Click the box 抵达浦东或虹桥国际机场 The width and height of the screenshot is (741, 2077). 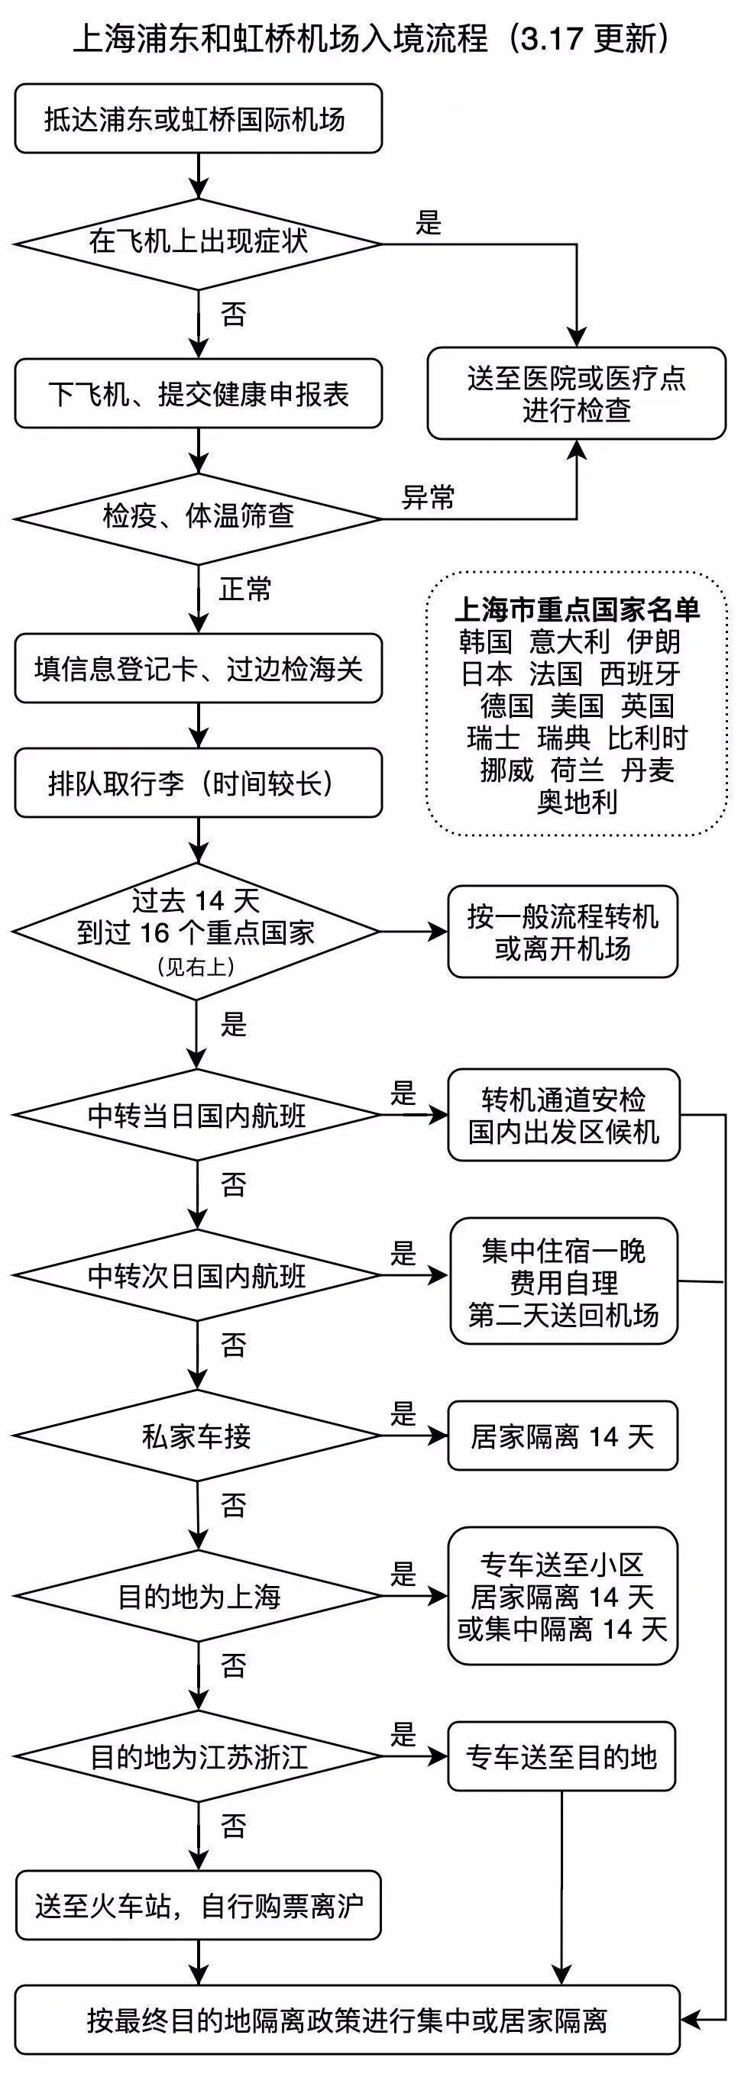tap(198, 119)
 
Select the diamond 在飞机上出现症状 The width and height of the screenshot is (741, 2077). tap(198, 243)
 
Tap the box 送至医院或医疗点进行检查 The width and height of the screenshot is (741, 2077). tap(576, 393)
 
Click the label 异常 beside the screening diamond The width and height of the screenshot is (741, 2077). tap(428, 497)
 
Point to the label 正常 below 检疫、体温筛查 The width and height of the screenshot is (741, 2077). tap(245, 590)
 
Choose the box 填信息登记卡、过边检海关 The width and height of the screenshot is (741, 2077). tap(198, 668)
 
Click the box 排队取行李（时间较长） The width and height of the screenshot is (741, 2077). tap(198, 783)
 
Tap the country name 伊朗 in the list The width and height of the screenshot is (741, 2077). tap(654, 641)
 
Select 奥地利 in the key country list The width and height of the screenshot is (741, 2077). tap(577, 802)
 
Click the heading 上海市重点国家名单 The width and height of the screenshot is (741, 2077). tap(577, 609)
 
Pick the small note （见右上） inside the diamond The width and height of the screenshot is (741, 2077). tap(197, 967)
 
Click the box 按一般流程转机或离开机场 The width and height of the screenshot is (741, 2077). tap(562, 932)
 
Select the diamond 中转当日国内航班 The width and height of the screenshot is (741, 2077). tap(198, 1115)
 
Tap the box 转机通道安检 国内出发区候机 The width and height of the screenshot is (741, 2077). tap(563, 1115)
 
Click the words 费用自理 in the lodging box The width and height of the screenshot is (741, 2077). tap(563, 1282)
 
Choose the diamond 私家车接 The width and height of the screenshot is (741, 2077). tap(198, 1436)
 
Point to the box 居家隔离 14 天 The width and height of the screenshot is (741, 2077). tap(562, 1436)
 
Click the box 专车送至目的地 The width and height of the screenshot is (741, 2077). tap(561, 1757)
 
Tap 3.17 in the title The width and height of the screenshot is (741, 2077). tap(552, 39)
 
